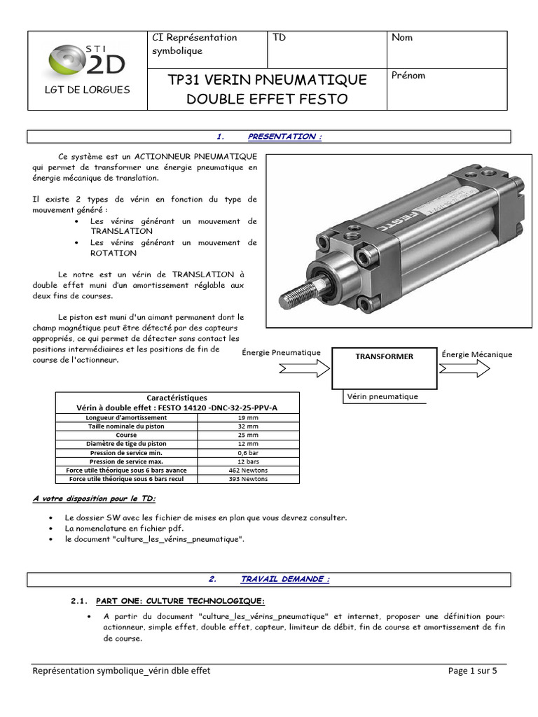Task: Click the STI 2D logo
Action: click(87, 60)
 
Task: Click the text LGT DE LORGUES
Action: click(87, 90)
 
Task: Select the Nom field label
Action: click(402, 38)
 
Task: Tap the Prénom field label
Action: click(408, 76)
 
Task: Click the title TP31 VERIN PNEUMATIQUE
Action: click(267, 80)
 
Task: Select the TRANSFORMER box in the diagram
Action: click(384, 368)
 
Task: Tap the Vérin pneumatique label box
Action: click(382, 396)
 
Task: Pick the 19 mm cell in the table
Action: click(248, 417)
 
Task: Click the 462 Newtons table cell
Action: click(248, 470)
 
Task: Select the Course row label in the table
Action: click(127, 435)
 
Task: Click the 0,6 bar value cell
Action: click(248, 452)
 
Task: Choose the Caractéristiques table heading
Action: click(177, 398)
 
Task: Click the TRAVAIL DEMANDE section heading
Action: click(284, 579)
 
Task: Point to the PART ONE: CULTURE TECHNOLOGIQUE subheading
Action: click(180, 601)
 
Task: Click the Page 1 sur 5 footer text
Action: click(472, 671)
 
